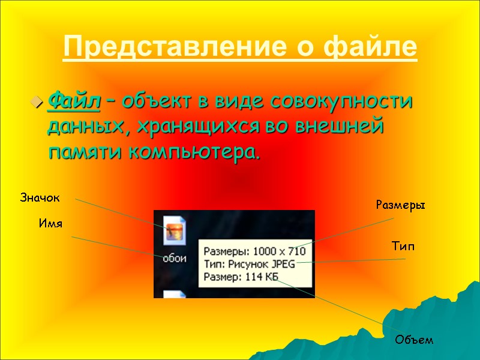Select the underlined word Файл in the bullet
73,101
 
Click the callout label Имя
51,223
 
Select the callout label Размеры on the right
400,205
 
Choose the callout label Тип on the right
403,247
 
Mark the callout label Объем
413,340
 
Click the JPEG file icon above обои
176,229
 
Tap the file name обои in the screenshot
175,258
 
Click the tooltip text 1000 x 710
281,251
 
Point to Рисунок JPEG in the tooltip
263,263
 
